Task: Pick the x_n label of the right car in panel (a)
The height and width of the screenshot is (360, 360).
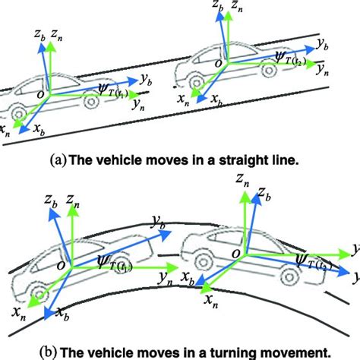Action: [182, 98]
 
